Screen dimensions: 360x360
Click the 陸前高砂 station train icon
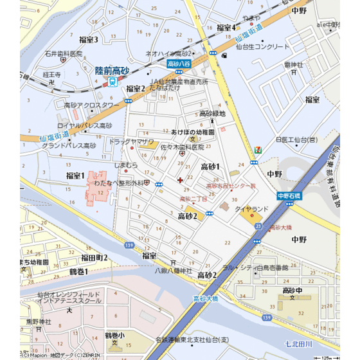click(114, 81)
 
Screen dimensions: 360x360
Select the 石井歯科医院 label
click(64, 54)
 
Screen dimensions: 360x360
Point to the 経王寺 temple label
click(51, 75)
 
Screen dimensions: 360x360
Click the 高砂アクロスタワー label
click(92, 105)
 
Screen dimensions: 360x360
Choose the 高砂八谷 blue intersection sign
click(179, 64)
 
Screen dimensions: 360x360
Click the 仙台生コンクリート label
click(263, 47)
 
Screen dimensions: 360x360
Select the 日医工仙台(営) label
click(296, 139)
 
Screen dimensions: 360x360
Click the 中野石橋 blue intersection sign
click(289, 195)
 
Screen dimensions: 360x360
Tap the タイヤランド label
click(251, 210)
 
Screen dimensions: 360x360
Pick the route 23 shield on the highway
click(258, 226)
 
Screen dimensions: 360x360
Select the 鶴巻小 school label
click(115, 335)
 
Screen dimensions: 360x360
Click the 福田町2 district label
click(94, 258)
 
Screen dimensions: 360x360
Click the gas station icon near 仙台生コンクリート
click(223, 55)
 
